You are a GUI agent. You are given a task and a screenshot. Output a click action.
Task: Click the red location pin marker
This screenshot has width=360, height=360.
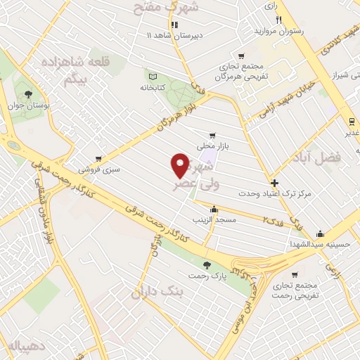(x=180, y=165)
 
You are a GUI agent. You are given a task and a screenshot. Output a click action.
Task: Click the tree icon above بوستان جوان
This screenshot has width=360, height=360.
(x=28, y=94)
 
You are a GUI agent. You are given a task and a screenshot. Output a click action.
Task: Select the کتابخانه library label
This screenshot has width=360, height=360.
(x=151, y=89)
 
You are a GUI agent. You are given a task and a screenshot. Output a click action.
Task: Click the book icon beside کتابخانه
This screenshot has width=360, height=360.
(x=151, y=75)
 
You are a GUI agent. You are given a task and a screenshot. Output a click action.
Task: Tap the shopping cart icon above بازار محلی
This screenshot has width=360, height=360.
(x=212, y=136)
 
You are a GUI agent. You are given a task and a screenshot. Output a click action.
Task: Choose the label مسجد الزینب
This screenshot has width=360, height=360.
(x=214, y=221)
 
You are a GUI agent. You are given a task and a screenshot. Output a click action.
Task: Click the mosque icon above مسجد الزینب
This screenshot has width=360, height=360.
(x=214, y=210)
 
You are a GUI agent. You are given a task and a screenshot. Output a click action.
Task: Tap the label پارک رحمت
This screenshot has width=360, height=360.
(x=209, y=276)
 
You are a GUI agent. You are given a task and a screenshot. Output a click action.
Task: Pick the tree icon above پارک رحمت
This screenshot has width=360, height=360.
(x=207, y=265)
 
